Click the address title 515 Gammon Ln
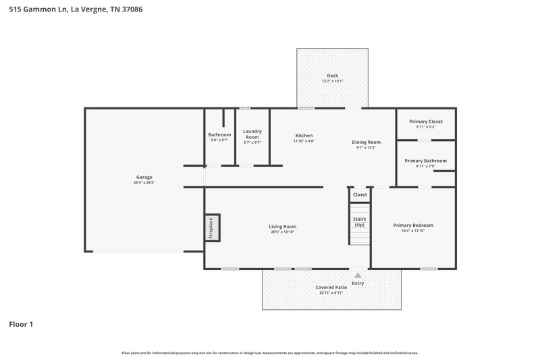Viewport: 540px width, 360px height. (x=75, y=10)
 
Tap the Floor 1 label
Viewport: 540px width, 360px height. (x=21, y=324)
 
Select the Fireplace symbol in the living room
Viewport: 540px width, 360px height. (x=211, y=228)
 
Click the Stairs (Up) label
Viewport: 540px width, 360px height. (x=359, y=222)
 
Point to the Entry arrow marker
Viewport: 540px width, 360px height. (x=358, y=276)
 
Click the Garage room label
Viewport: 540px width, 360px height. (x=144, y=177)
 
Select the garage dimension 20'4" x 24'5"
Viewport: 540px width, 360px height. (x=144, y=183)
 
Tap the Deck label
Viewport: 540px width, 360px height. (x=332, y=76)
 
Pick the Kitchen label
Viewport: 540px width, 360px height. (x=304, y=135)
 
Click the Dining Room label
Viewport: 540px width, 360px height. (x=367, y=142)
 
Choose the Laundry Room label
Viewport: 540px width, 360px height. (x=252, y=134)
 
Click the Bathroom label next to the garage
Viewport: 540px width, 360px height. (x=219, y=135)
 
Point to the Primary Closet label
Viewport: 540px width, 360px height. (x=426, y=122)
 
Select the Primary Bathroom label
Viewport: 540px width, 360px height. (x=425, y=161)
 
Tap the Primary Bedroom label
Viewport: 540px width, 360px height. (x=413, y=225)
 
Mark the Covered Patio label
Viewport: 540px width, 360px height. (x=331, y=287)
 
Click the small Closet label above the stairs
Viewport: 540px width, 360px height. (x=360, y=195)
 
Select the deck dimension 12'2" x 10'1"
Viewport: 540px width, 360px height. (x=332, y=81)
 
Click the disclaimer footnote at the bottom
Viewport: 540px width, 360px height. (x=270, y=353)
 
